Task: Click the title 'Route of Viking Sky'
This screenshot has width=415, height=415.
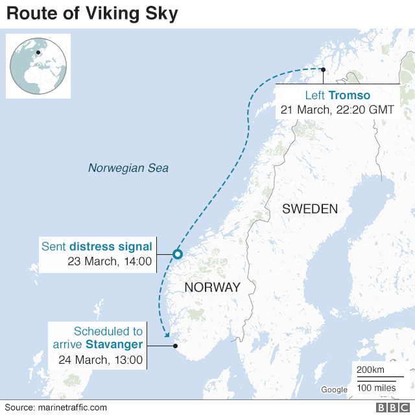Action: click(91, 14)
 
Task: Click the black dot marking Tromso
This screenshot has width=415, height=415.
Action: click(323, 70)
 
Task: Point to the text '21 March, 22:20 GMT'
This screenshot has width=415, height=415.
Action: click(337, 110)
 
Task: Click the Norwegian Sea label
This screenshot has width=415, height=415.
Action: click(128, 168)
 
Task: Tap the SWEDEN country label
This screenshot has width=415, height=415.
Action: click(310, 209)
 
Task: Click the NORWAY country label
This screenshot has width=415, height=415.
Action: click(212, 287)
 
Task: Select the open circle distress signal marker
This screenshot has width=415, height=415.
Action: click(177, 254)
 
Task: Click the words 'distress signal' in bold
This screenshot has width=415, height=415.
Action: click(111, 246)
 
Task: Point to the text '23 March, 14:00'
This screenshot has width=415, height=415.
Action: click(110, 261)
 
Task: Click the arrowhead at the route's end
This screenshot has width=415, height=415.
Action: click(167, 335)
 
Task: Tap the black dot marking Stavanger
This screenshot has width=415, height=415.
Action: click(175, 345)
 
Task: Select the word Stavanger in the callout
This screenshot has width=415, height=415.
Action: click(114, 345)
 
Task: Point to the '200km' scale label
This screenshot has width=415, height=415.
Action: click(370, 369)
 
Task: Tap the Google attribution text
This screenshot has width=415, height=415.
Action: click(334, 390)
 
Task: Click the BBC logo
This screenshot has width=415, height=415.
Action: click(390, 407)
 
